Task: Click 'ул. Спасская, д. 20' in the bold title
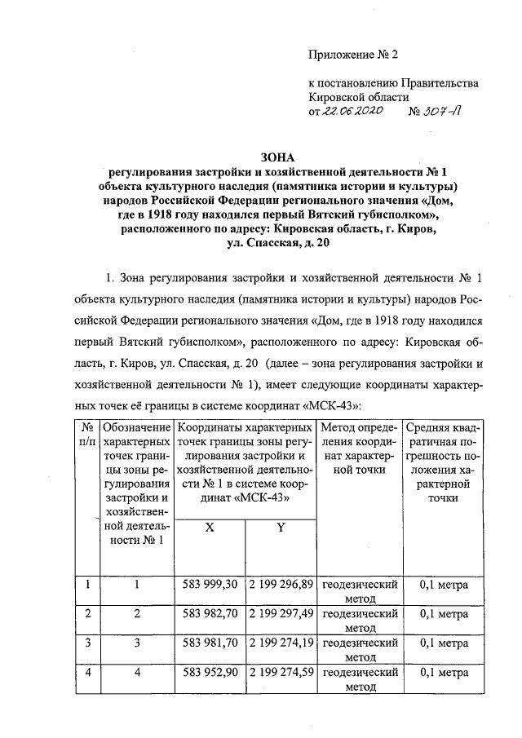pos(280,243)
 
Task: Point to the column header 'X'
pos(210,528)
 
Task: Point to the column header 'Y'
pos(280,528)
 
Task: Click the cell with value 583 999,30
pos(210,585)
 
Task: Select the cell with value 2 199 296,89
pos(280,585)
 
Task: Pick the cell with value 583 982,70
pos(210,613)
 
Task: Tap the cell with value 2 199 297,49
pos(280,613)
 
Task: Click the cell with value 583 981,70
pos(210,643)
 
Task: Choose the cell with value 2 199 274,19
pos(280,643)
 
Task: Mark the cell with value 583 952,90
pos(210,674)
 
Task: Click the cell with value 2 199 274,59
pos(280,674)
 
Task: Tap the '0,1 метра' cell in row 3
pos(443,643)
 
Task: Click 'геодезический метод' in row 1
pos(360,592)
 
